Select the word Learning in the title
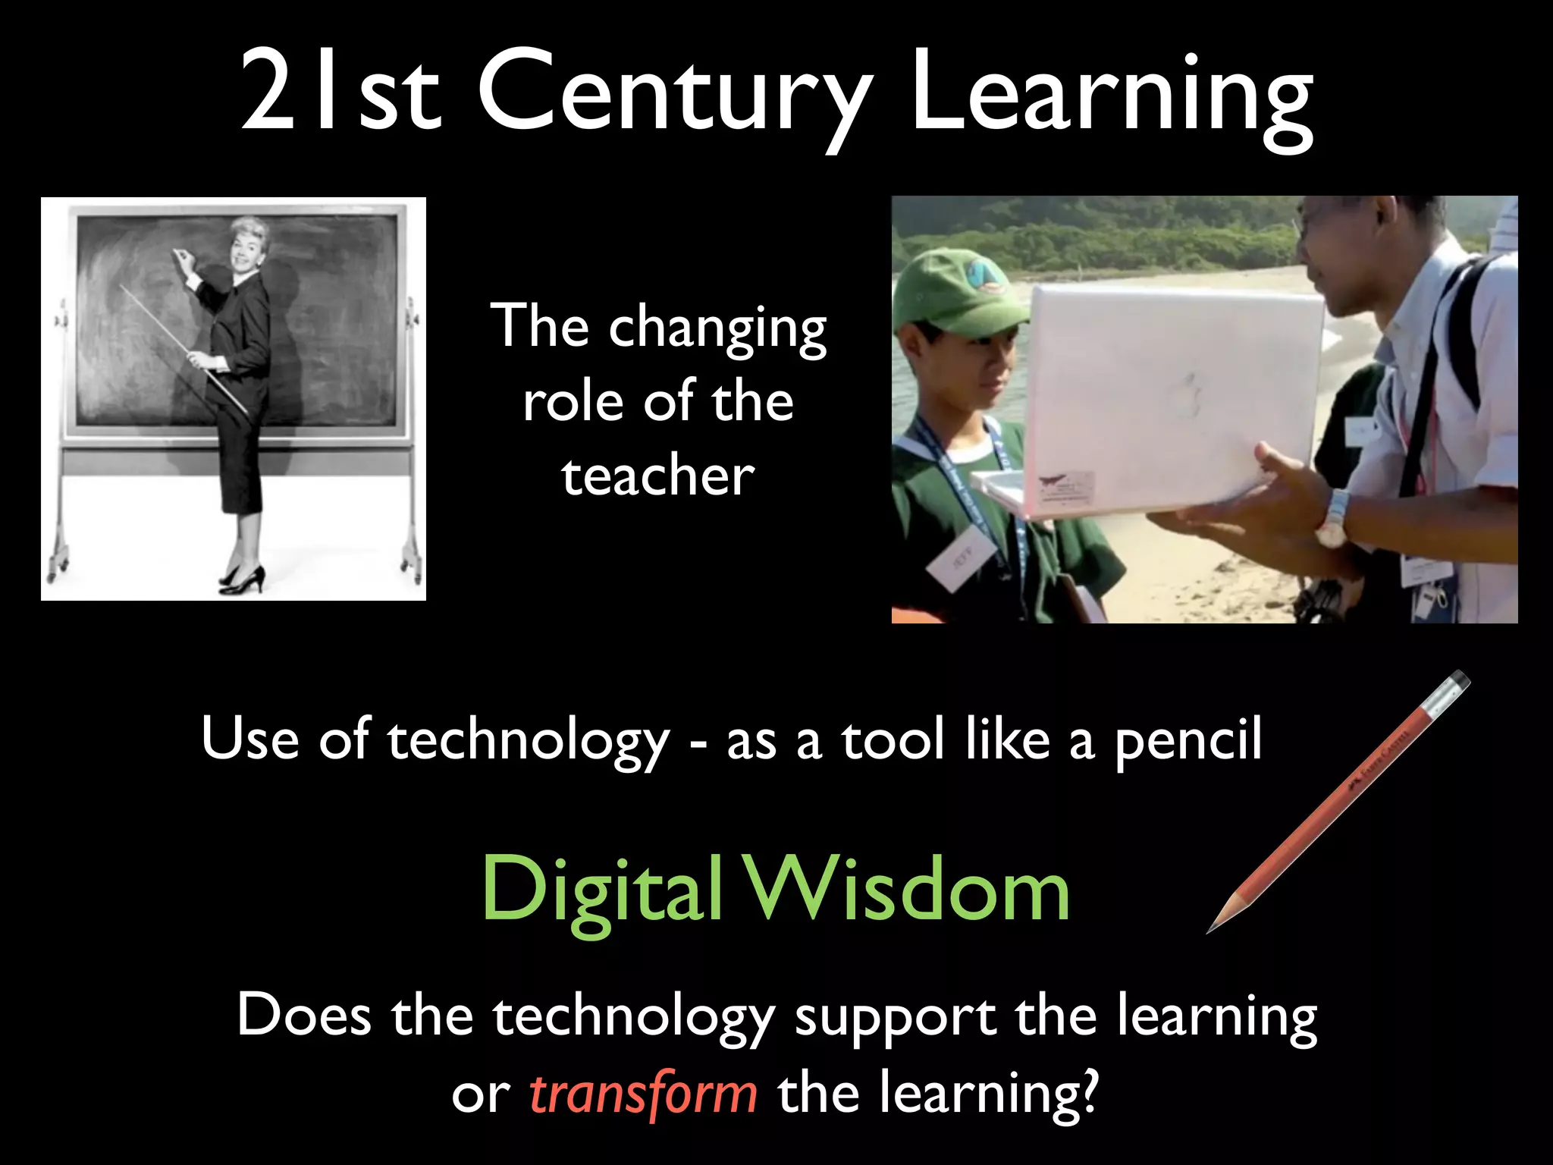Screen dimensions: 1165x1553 pyautogui.click(x=1112, y=95)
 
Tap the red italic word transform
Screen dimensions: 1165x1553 pyautogui.click(x=643, y=1094)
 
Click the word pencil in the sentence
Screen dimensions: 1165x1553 pyautogui.click(x=1187, y=740)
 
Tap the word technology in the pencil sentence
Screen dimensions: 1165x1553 pyautogui.click(x=529, y=740)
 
